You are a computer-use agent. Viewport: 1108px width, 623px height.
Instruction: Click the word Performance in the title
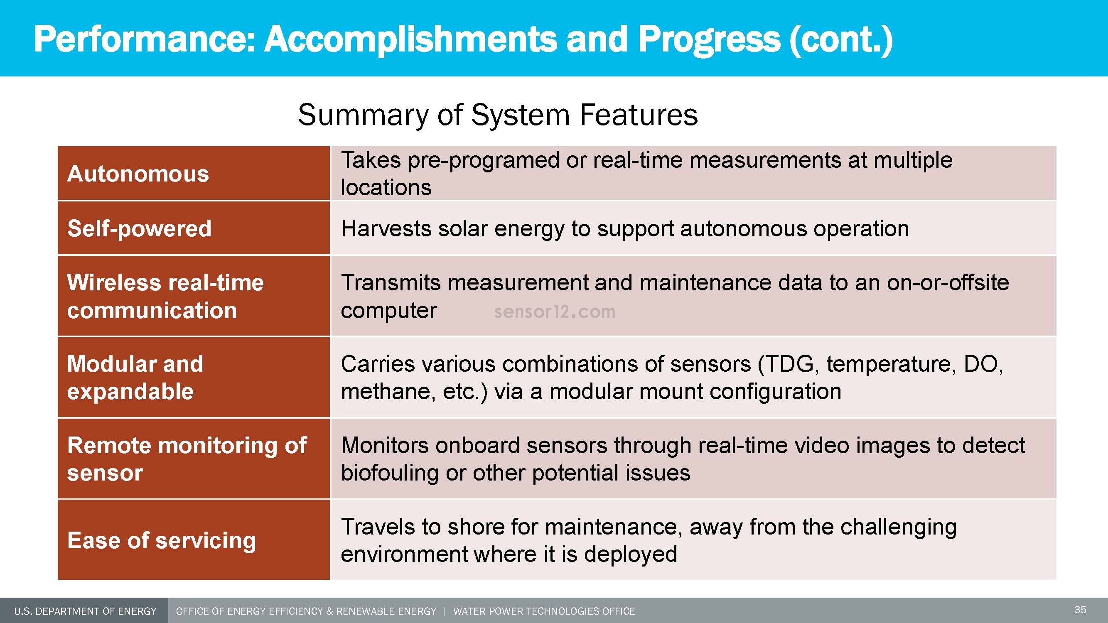click(144, 39)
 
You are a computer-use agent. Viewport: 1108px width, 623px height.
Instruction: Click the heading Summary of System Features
click(498, 115)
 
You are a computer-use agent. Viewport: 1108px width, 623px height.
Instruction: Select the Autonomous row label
click(138, 174)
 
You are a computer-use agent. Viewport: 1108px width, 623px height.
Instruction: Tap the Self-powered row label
click(139, 228)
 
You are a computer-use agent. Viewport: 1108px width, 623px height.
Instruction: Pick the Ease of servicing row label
click(161, 540)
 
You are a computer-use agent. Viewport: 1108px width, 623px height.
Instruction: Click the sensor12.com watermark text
click(555, 312)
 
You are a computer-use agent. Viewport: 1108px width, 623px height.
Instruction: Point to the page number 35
click(1080, 610)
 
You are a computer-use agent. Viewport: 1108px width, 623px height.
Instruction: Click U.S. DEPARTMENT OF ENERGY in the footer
click(85, 611)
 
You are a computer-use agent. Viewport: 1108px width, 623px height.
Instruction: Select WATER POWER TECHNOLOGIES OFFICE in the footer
click(544, 611)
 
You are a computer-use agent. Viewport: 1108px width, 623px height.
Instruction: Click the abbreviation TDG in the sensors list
click(790, 364)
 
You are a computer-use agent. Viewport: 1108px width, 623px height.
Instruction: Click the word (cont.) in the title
click(841, 39)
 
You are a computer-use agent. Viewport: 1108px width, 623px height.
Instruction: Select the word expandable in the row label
click(130, 392)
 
